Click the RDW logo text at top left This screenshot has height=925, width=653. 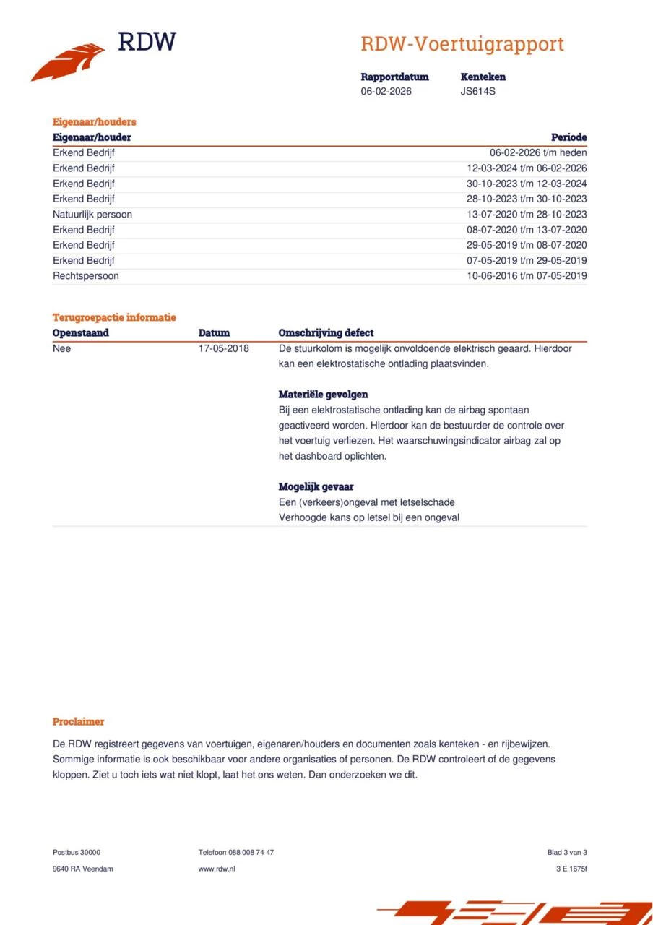[x=147, y=42]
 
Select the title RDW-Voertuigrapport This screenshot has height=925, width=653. [x=462, y=44]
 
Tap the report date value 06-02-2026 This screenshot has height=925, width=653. [x=386, y=92]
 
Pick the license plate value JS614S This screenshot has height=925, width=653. [x=478, y=92]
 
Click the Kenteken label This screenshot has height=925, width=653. [x=483, y=77]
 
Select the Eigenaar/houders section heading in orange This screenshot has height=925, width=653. [x=95, y=122]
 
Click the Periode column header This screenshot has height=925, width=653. [x=568, y=137]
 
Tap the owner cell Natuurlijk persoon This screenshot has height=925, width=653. [x=92, y=215]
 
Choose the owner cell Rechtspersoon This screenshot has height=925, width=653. [x=86, y=276]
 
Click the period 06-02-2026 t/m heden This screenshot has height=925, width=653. [x=538, y=153]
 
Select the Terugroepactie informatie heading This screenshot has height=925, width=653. [x=114, y=317]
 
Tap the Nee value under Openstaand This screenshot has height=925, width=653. [x=62, y=348]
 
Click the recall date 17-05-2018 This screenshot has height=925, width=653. [x=224, y=348]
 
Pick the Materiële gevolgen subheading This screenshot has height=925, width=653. [x=324, y=395]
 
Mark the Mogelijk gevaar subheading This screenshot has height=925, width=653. [x=316, y=487]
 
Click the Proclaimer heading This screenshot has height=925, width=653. [x=79, y=722]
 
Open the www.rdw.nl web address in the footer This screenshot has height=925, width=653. [x=217, y=869]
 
